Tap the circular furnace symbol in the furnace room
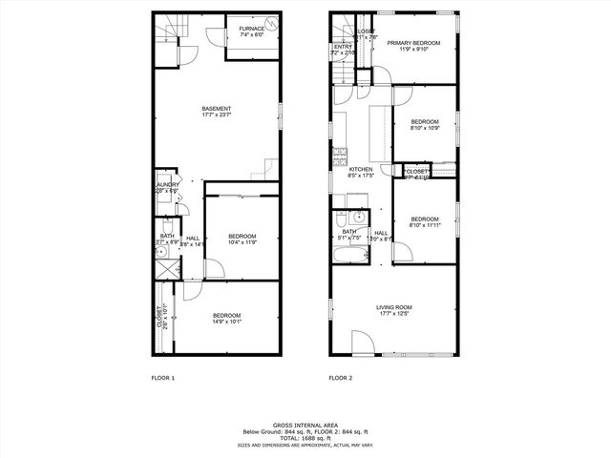[x=271, y=28]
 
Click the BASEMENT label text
[x=216, y=109]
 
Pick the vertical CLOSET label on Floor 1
[x=158, y=316]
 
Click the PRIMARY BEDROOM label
[x=413, y=43]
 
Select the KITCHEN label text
[x=360, y=169]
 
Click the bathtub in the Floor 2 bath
[x=348, y=256]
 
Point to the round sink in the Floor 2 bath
[x=348, y=217]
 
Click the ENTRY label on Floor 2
[x=342, y=47]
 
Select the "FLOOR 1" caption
[x=162, y=378]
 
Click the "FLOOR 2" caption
[x=341, y=378]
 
